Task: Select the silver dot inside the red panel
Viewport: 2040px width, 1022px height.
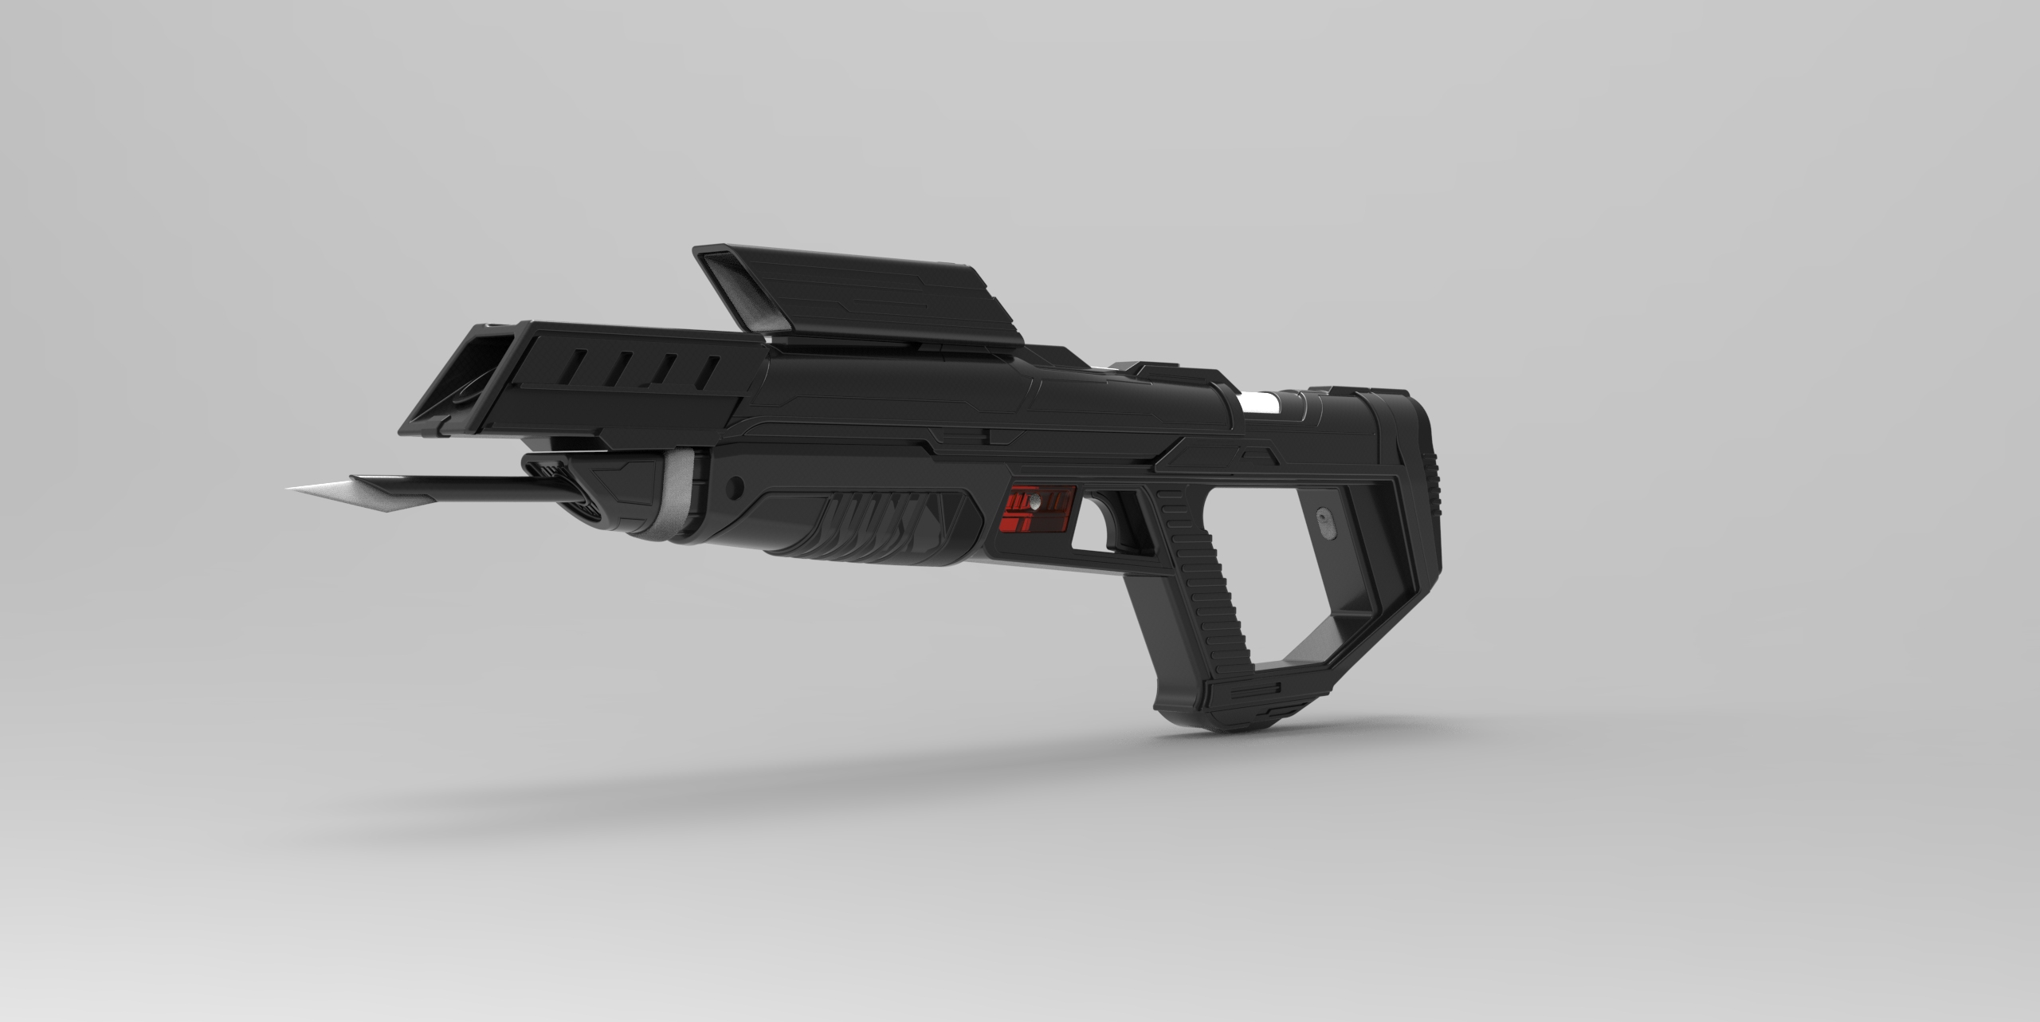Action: point(1034,501)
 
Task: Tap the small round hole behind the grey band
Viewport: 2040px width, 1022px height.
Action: point(736,484)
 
